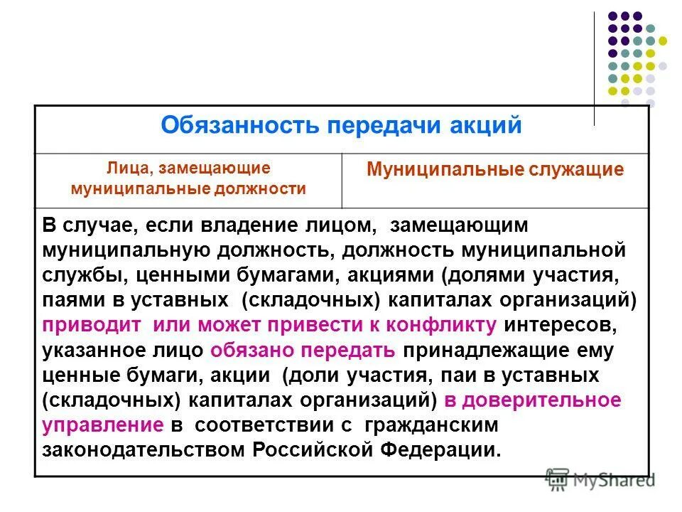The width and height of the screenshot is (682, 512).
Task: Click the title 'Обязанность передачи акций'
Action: point(341,126)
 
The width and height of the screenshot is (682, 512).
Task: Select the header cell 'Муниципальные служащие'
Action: point(495,170)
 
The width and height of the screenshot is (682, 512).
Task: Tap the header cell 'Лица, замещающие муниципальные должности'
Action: point(188,178)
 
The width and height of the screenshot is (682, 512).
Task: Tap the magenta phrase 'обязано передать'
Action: point(302,350)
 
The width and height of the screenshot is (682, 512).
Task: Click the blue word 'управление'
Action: point(103,425)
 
